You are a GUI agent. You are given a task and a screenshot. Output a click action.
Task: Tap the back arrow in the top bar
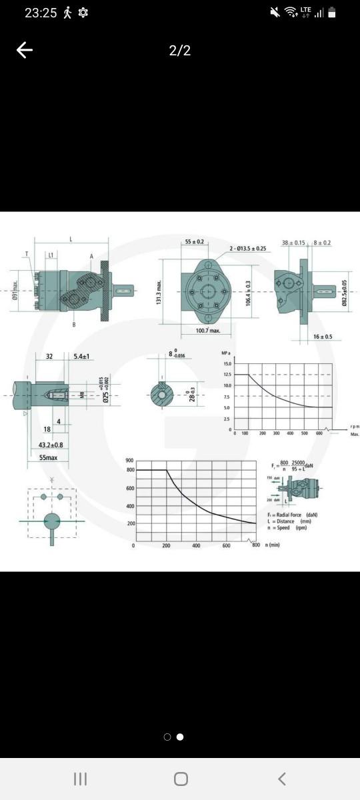point(25,51)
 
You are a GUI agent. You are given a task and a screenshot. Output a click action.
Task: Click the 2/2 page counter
point(180,51)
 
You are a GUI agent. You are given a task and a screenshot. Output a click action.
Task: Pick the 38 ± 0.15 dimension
point(293,243)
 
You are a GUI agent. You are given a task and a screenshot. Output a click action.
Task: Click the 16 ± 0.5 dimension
point(323,337)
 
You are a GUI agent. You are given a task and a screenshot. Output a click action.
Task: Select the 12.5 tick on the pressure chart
point(227,375)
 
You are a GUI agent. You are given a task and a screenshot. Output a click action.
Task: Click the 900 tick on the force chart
point(129,461)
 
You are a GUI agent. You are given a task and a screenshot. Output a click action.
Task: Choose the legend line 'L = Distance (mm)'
point(289,521)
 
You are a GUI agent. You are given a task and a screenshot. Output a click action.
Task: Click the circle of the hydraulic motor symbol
point(51,521)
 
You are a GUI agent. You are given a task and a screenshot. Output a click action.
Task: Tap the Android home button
point(180,779)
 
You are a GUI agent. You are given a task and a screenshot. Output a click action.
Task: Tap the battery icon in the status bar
point(331,13)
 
